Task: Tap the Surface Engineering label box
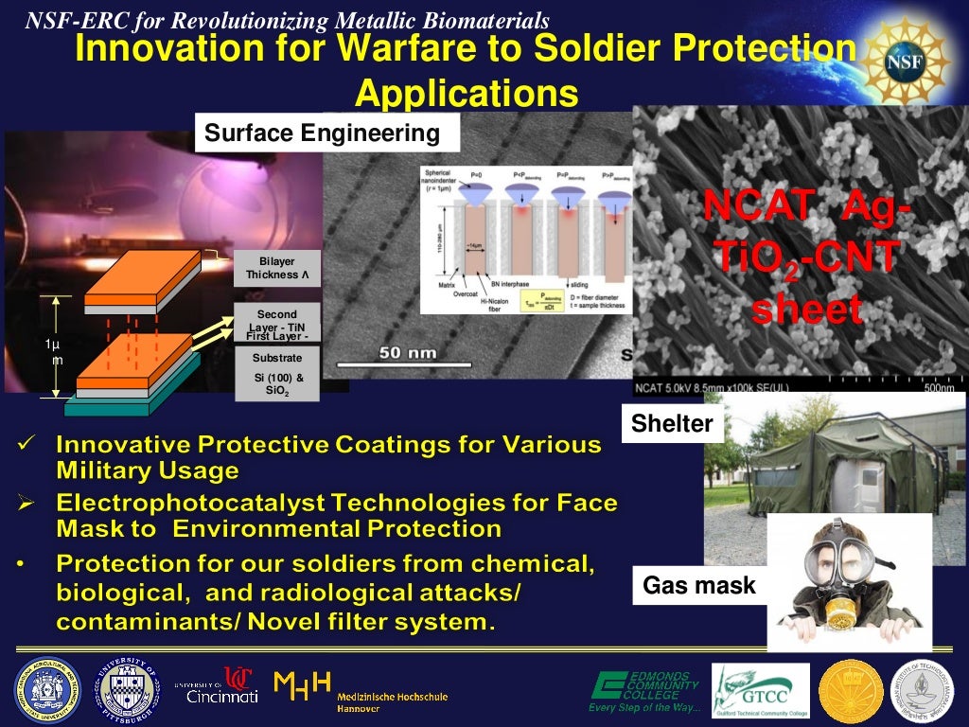pos(324,133)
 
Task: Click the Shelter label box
pos(671,423)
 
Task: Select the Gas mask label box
pos(698,586)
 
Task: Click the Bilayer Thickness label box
pos(277,268)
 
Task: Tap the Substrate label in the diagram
pos(277,358)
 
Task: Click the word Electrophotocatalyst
pos(218,503)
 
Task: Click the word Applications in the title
pos(466,95)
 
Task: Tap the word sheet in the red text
pos(806,310)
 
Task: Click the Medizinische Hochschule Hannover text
pos(392,701)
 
